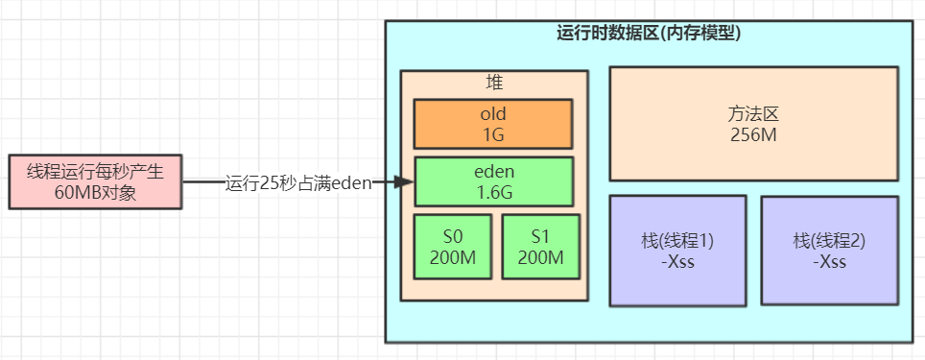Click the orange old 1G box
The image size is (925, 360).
(492, 124)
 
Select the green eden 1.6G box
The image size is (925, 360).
(493, 181)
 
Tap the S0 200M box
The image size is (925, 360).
(452, 249)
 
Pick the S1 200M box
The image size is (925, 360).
(540, 249)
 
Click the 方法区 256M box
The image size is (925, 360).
(752, 123)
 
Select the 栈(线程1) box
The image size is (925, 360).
(677, 251)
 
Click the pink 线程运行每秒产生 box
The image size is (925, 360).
(96, 181)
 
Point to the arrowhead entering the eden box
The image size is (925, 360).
(404, 181)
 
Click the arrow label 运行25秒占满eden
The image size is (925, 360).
(297, 182)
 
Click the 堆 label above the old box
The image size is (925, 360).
(494, 83)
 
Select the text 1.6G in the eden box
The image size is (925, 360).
(493, 192)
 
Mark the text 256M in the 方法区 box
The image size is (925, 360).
(752, 133)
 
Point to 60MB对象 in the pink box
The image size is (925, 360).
(96, 192)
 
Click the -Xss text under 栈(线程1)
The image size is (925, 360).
(677, 262)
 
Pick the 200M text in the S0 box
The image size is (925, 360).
(452, 258)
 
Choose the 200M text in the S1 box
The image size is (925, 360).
(540, 258)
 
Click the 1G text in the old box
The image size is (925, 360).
(493, 133)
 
